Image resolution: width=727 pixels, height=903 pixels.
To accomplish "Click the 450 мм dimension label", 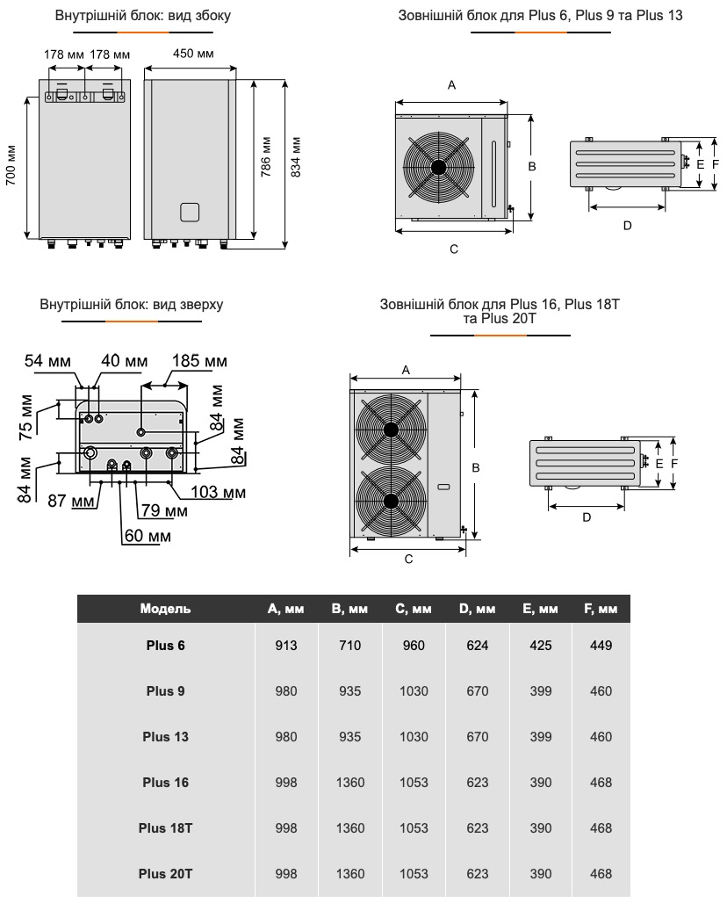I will [193, 54].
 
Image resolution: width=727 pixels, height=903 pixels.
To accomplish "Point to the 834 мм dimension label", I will [296, 156].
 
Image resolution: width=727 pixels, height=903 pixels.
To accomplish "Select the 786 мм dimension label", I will [266, 156].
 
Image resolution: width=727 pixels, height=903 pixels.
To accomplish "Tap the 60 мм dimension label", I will [147, 535].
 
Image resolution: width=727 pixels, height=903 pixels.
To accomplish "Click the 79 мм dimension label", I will [164, 510].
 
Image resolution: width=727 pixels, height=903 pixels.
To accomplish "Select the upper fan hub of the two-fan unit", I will [389, 430].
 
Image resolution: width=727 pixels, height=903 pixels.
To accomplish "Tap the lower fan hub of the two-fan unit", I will [389, 500].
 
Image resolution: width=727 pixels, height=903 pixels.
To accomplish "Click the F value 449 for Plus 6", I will [601, 646].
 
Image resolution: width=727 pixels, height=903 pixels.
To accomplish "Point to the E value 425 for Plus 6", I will [541, 646].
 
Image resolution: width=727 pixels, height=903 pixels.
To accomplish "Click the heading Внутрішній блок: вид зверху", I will [132, 305].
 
